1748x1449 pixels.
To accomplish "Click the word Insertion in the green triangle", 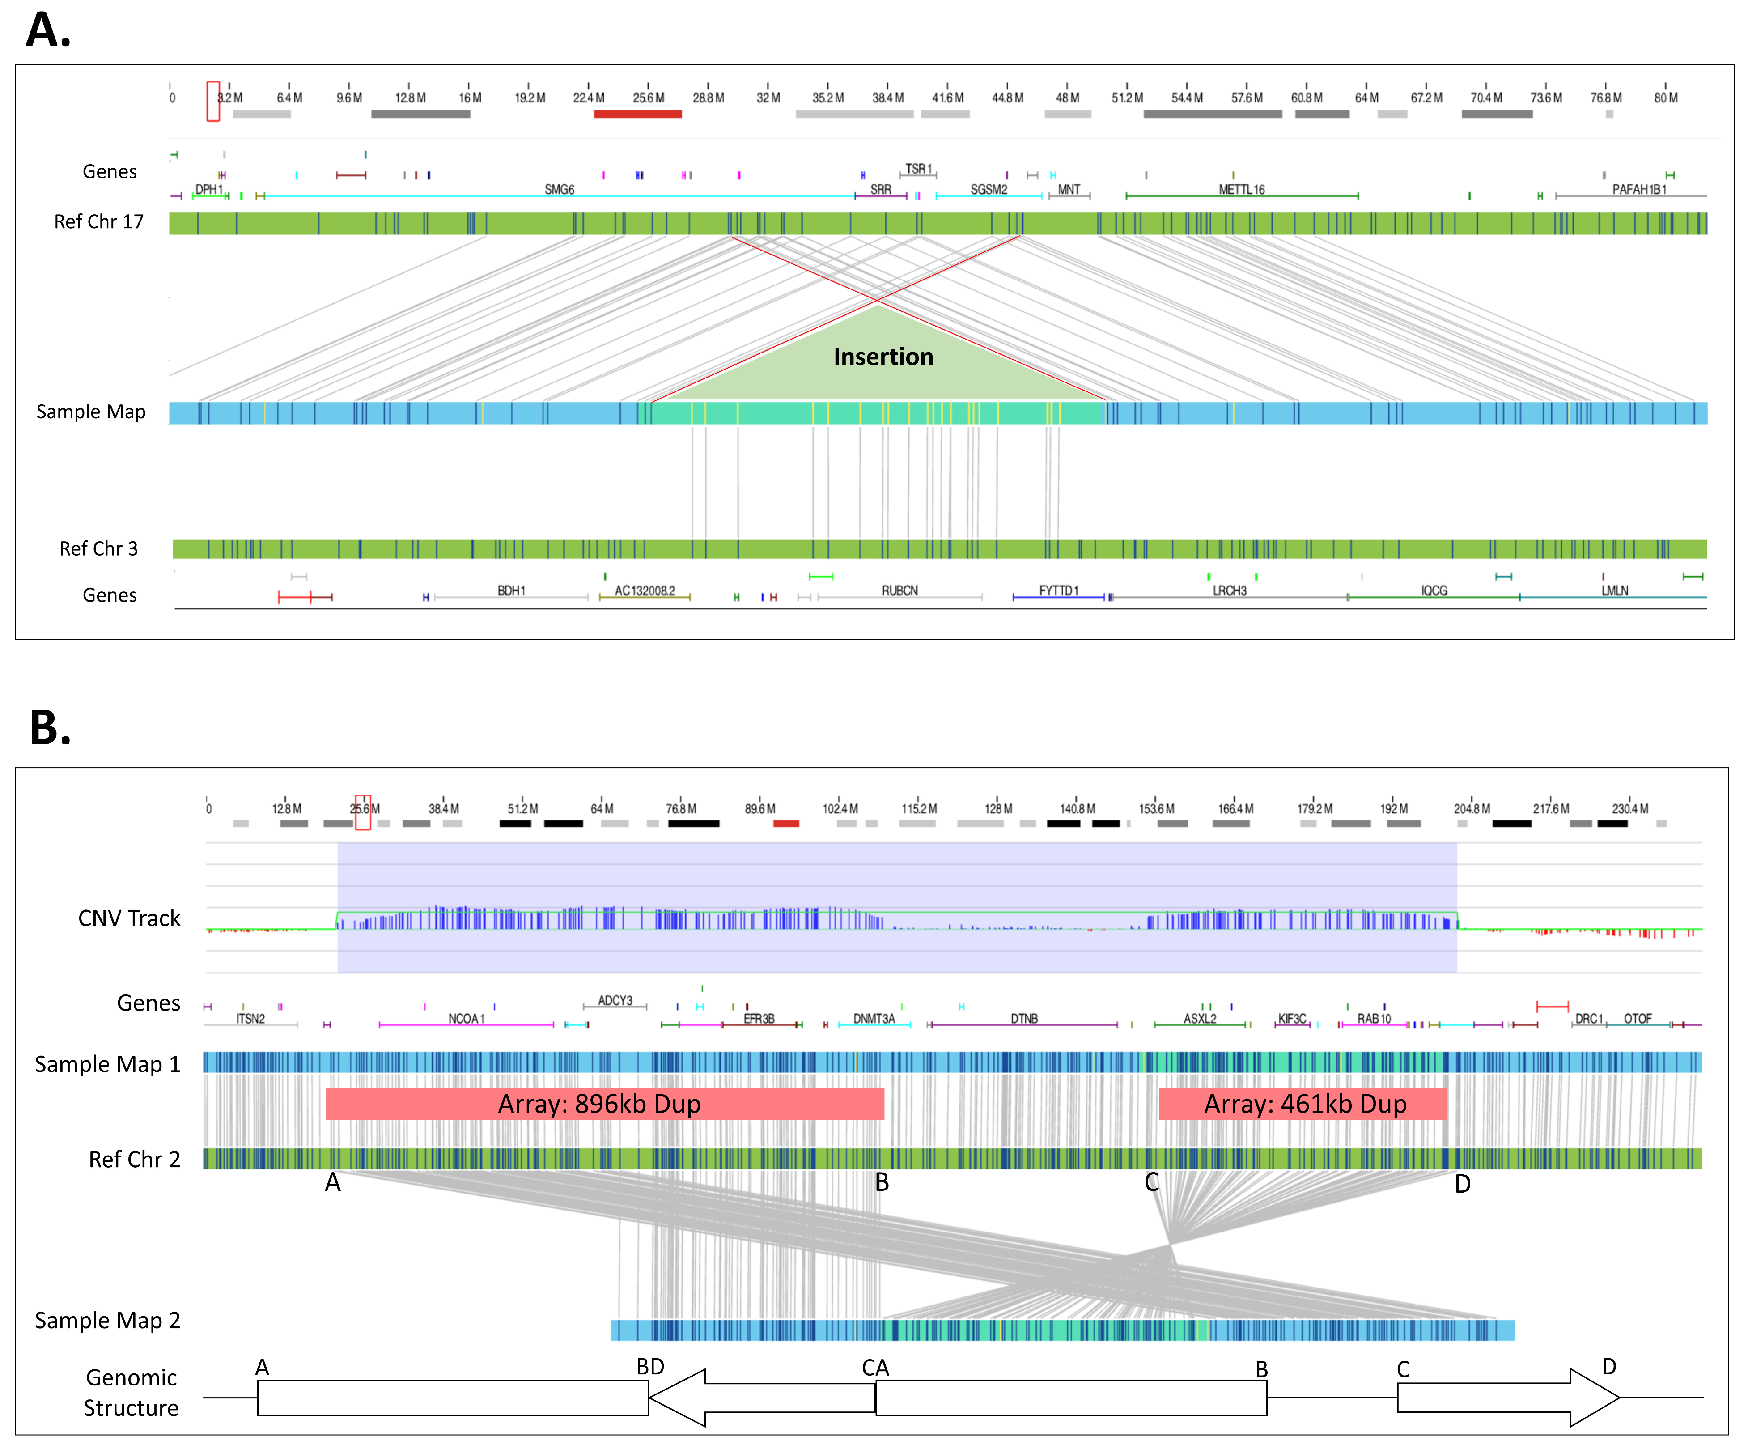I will pos(883,357).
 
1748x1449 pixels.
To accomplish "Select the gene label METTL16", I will pos(1241,190).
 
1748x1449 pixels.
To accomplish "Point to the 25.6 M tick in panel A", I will pos(649,98).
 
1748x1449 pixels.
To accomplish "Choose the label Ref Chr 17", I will pos(98,222).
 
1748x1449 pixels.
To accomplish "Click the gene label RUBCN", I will pos(900,591).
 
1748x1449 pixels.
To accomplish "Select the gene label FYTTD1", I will pos(1058,591).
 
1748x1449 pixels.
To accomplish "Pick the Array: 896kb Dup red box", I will pos(604,1104).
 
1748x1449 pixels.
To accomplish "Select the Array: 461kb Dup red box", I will pos(1303,1104).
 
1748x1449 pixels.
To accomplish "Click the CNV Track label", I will pos(129,918).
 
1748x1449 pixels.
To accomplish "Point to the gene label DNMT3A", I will pos(874,1019).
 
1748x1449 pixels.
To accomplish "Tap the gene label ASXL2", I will pos(1200,1019).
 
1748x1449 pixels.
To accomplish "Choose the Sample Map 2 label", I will pos(107,1321).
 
